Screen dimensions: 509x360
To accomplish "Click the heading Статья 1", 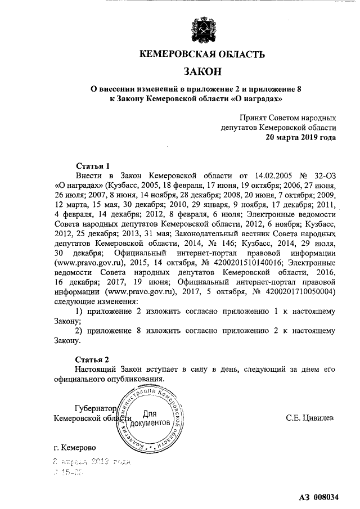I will tap(92, 166).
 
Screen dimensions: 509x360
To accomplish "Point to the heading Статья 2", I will tap(92, 359).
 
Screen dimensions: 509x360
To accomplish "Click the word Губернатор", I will tap(94, 408).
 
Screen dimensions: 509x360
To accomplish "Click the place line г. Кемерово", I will tap(74, 448).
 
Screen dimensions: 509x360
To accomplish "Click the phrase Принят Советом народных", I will tap(287, 118).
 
